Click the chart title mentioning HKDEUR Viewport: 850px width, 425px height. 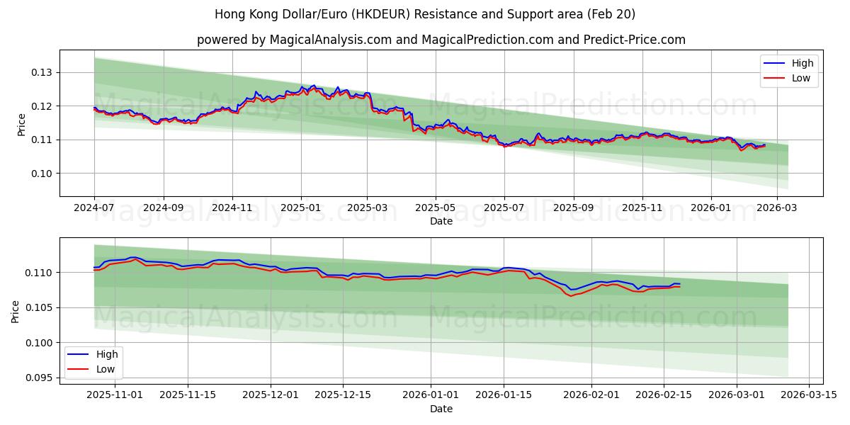coord(425,14)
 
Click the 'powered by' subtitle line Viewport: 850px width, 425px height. coord(441,40)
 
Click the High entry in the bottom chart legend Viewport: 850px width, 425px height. coord(107,354)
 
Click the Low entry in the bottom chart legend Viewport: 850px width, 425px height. coord(106,369)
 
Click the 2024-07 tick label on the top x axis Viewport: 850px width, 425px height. coord(94,208)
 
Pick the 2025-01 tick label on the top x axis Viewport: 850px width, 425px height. coord(301,208)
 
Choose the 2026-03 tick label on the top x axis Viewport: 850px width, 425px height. coord(777,208)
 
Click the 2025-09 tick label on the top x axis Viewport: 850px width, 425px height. coord(573,208)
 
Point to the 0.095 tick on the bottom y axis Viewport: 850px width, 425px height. coord(40,378)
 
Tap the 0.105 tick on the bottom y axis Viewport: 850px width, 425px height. coord(40,307)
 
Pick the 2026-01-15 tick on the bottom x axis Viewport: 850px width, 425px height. coord(504,395)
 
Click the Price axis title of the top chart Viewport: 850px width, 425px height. coord(21,125)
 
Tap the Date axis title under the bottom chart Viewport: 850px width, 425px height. coord(441,409)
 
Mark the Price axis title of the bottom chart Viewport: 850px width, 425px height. coord(16,311)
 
